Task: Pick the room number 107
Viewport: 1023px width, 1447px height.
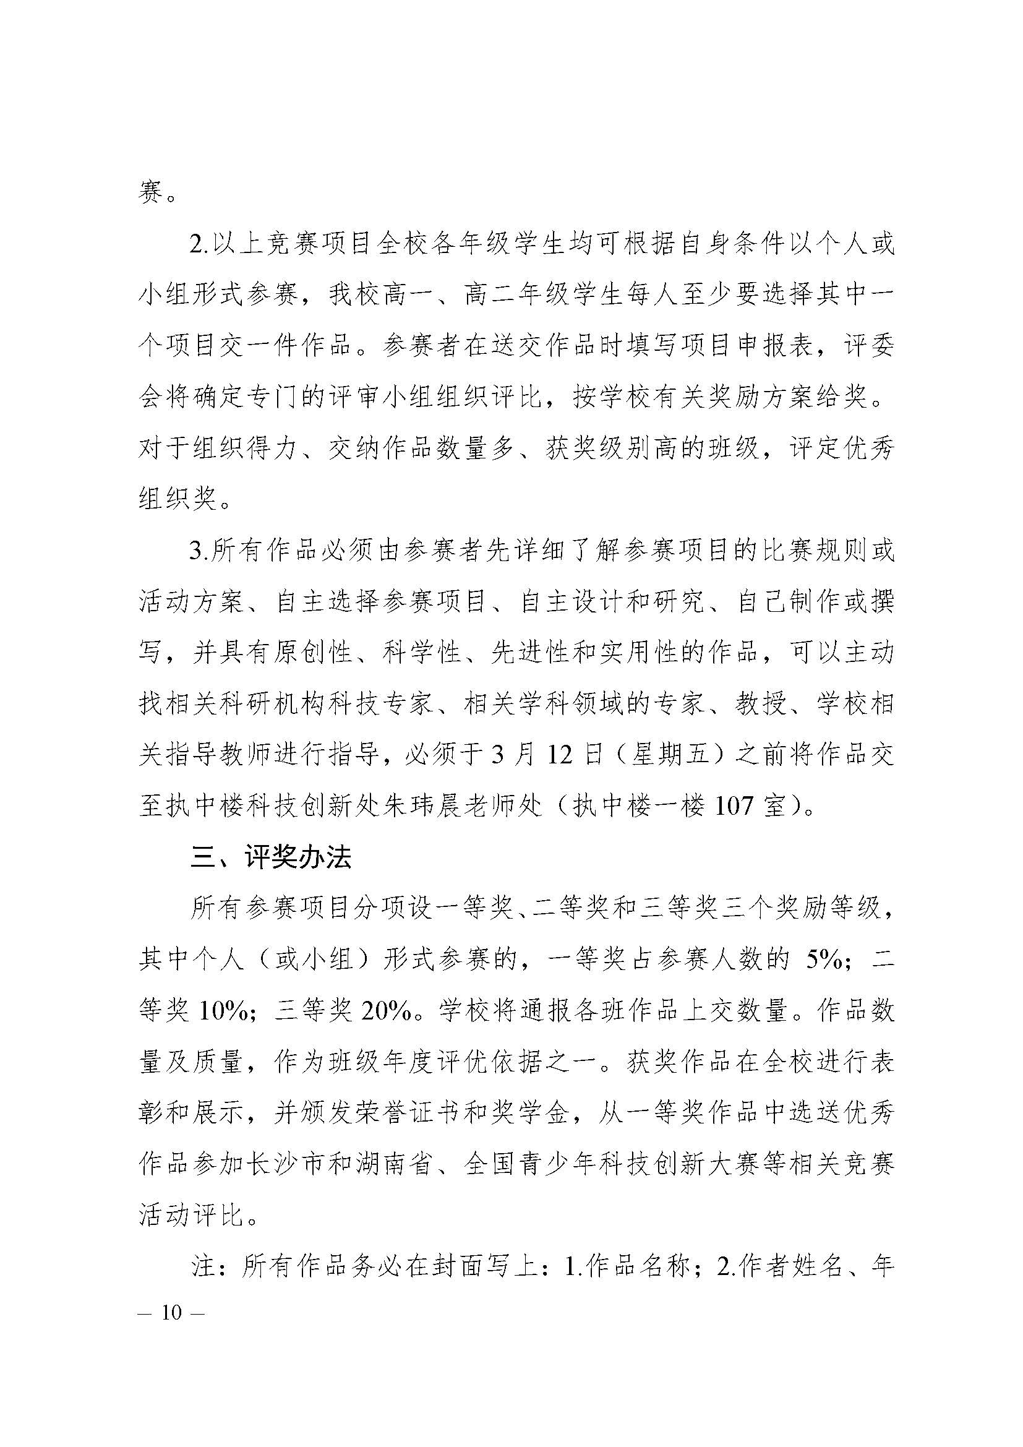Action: click(735, 806)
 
